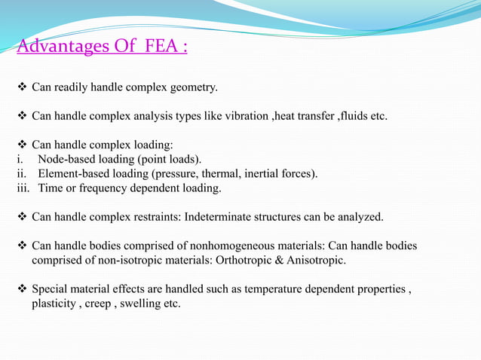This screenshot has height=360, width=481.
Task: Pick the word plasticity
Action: coord(54,304)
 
